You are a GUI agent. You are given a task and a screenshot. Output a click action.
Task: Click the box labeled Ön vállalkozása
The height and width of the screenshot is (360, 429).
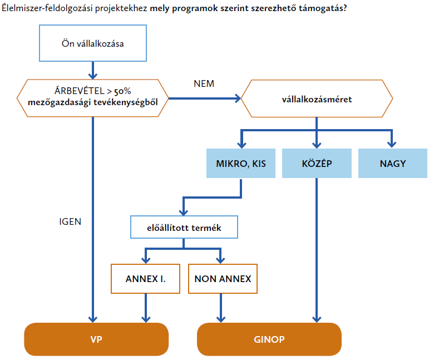[93, 43]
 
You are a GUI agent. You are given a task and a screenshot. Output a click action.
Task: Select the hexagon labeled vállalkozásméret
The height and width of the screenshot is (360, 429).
[317, 98]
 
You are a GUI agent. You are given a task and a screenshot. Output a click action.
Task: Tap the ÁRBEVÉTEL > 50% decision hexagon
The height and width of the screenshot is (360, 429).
[93, 98]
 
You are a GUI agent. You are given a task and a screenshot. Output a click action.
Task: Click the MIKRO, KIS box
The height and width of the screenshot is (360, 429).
[241, 164]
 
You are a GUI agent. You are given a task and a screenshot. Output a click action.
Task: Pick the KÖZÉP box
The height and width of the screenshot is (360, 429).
[317, 164]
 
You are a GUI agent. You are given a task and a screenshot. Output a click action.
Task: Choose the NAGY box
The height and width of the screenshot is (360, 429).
[393, 164]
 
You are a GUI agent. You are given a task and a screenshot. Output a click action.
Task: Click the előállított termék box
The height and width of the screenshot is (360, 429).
[184, 227]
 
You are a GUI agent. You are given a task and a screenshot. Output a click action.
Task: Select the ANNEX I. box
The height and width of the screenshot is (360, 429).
[146, 279]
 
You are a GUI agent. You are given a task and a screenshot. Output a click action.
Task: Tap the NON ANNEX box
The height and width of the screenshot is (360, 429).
[223, 279]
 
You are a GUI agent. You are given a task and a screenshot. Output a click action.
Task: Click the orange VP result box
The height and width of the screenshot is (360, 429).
[96, 339]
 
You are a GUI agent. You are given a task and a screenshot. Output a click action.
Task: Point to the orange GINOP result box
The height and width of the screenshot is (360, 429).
[269, 339]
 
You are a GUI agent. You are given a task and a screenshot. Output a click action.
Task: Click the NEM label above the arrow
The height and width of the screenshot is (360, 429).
[204, 83]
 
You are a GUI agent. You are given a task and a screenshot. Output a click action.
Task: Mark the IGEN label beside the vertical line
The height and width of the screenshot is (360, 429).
[70, 221]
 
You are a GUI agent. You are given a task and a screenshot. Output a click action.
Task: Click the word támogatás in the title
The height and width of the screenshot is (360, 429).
[323, 8]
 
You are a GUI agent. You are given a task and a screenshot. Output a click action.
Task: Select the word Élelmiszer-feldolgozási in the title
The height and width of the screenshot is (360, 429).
[47, 8]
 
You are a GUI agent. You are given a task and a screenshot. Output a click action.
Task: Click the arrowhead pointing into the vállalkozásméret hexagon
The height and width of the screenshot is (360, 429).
[238, 98]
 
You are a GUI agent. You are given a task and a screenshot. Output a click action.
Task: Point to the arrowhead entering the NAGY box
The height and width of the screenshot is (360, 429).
[392, 145]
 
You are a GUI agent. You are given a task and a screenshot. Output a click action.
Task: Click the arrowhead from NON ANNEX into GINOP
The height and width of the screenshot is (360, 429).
[221, 319]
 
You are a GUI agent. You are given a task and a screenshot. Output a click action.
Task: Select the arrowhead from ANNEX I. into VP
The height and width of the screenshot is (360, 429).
[146, 319]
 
